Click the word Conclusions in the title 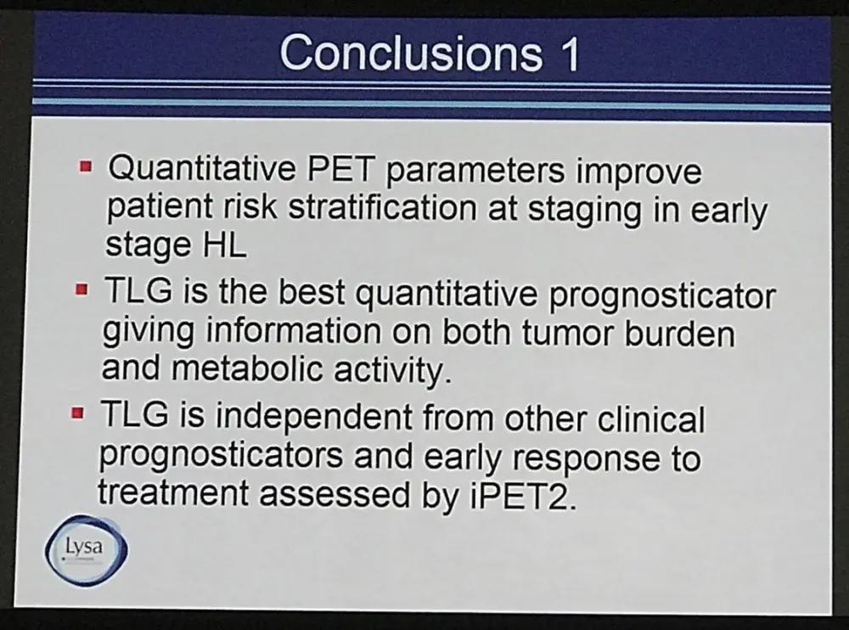tap(411, 53)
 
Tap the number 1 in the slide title tap(568, 54)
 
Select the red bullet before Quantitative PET tap(86, 165)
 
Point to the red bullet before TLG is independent tap(78, 413)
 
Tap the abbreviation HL tap(224, 245)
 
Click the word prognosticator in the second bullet tap(662, 297)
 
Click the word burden tap(681, 333)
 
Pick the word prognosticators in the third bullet tap(221, 457)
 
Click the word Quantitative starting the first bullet tap(202, 167)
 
